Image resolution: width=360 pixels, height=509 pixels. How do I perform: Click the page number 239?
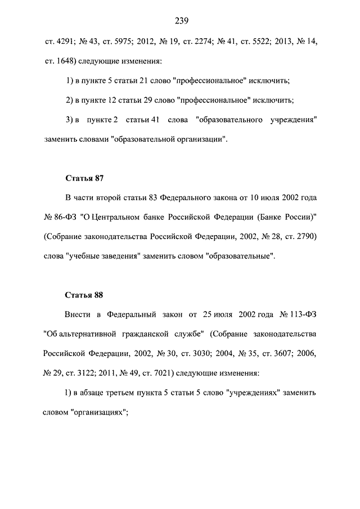181,21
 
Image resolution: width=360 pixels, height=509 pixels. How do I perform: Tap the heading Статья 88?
84,295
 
